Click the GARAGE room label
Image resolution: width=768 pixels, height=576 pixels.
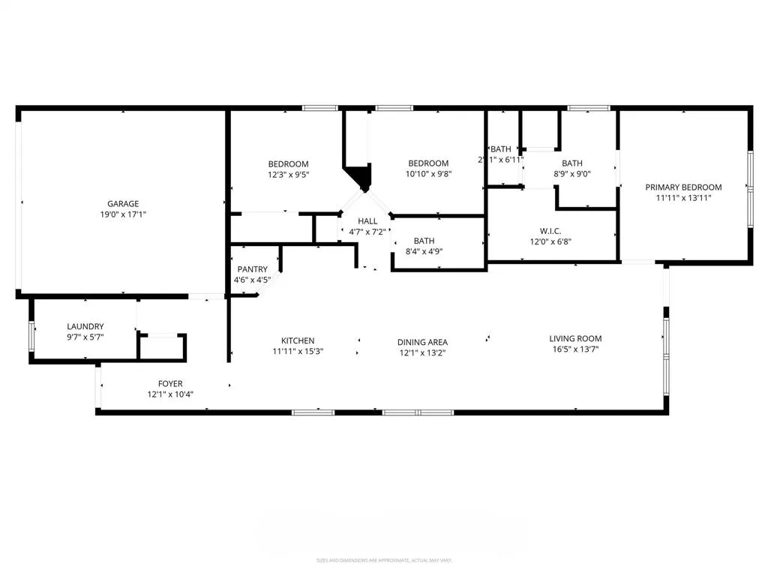coord(123,203)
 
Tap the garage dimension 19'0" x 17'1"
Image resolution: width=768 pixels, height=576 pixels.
coord(123,214)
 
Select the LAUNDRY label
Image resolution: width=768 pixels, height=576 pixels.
coord(85,326)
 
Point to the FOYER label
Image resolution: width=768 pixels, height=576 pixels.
coord(170,384)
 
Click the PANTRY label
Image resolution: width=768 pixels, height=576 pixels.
coord(252,269)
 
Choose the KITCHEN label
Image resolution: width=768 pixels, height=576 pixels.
coord(298,340)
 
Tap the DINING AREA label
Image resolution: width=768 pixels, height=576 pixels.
coord(422,342)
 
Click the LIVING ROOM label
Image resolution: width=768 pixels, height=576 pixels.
coord(575,338)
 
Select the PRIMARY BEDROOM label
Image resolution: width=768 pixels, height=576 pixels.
coord(684,187)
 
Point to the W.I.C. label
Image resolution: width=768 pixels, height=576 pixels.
coord(550,231)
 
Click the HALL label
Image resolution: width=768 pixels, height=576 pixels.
coord(367,221)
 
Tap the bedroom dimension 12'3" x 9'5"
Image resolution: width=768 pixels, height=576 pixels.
coord(289,175)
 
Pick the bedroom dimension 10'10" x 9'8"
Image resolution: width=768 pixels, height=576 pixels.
coord(428,174)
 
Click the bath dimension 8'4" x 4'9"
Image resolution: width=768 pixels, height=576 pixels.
coord(424,251)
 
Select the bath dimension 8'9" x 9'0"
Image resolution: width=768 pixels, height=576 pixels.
coord(572,174)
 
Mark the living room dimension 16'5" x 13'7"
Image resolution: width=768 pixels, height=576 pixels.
coord(575,349)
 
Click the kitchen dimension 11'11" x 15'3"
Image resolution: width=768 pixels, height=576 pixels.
coord(298,351)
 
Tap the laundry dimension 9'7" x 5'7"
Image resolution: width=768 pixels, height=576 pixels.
coord(85,337)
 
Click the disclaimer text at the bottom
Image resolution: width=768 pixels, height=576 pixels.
coord(384,560)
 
